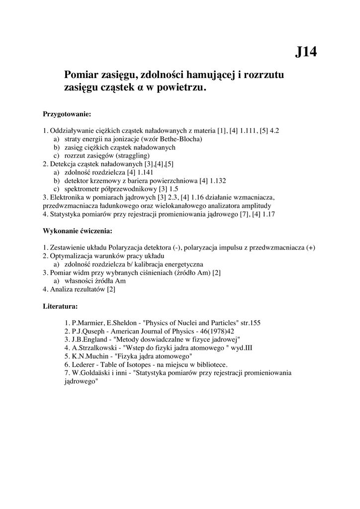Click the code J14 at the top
306,52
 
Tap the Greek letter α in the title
140,88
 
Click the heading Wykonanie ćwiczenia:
78,231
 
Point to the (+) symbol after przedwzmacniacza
311,248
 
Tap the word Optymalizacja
70,256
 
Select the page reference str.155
248,323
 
